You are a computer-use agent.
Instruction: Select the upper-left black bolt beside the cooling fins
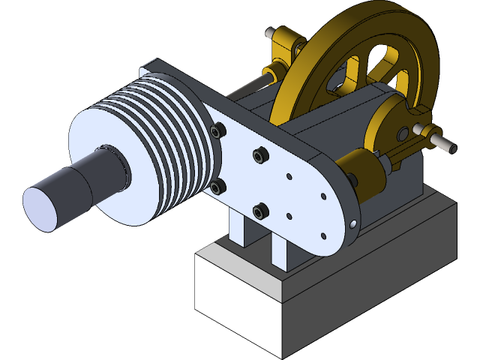pyautogui.click(x=217, y=132)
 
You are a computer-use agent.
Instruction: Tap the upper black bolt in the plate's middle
pyautogui.click(x=259, y=155)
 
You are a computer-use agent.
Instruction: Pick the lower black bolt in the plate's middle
pyautogui.click(x=260, y=212)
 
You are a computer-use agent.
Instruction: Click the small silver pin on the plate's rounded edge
pyautogui.click(x=352, y=223)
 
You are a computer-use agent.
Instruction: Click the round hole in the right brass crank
pyautogui.click(x=403, y=133)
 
